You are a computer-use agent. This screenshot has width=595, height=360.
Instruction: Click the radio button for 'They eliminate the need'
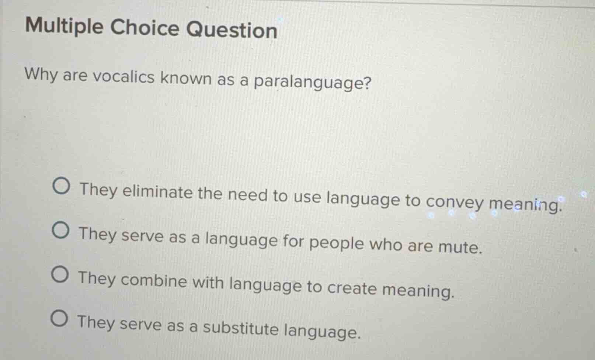[61, 187]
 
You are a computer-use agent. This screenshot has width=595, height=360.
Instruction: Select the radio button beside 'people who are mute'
[60, 231]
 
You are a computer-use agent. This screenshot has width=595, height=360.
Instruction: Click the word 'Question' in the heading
[232, 30]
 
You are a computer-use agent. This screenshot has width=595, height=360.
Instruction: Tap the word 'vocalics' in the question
[123, 77]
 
